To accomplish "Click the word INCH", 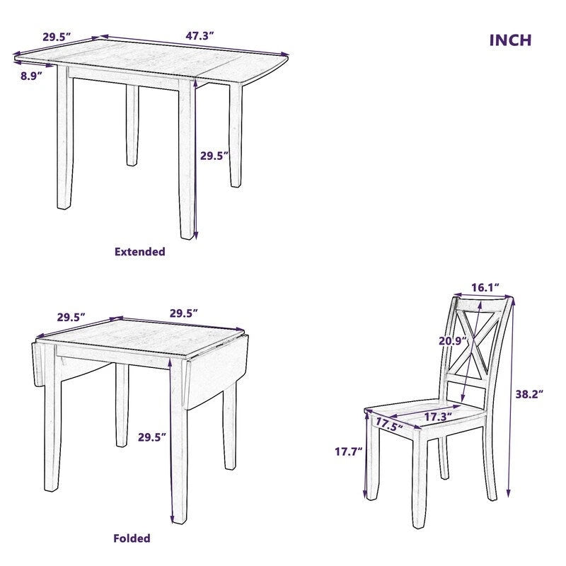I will tap(510, 40).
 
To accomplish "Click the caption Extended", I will tap(139, 251).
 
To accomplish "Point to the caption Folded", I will tap(132, 538).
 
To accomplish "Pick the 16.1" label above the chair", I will tap(486, 287).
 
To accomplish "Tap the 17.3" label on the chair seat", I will tap(438, 417).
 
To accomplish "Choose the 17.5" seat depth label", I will tap(390, 425).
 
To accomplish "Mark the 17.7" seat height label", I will tap(348, 450).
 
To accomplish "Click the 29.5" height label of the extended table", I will tap(214, 156).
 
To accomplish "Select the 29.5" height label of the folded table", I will tap(151, 438).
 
